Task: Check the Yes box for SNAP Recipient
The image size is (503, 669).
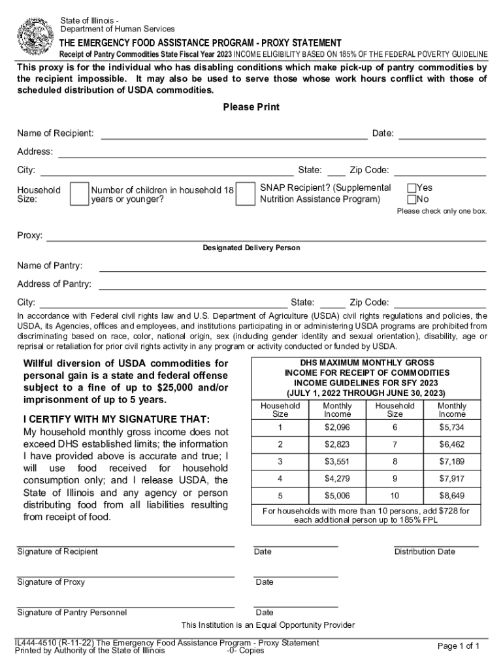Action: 412,188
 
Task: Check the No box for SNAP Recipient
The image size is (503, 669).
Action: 412,199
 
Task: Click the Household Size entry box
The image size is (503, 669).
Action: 79,194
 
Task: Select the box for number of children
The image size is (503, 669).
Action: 245,194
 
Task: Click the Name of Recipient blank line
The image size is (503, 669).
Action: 233,134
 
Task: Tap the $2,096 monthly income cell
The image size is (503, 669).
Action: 337,427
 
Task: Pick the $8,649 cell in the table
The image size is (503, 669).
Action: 452,495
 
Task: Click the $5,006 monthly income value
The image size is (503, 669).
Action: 337,495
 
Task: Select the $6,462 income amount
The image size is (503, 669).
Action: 452,444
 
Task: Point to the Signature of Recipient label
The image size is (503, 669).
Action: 57,552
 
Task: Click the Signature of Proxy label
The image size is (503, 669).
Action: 51,582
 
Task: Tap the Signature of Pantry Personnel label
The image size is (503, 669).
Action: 72,613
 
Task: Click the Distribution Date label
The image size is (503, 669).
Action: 425,552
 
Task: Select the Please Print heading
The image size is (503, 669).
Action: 251,107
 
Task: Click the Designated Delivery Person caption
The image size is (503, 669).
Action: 251,248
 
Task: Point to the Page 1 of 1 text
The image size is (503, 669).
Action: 459,646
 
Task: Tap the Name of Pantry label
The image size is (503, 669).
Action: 50,266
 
